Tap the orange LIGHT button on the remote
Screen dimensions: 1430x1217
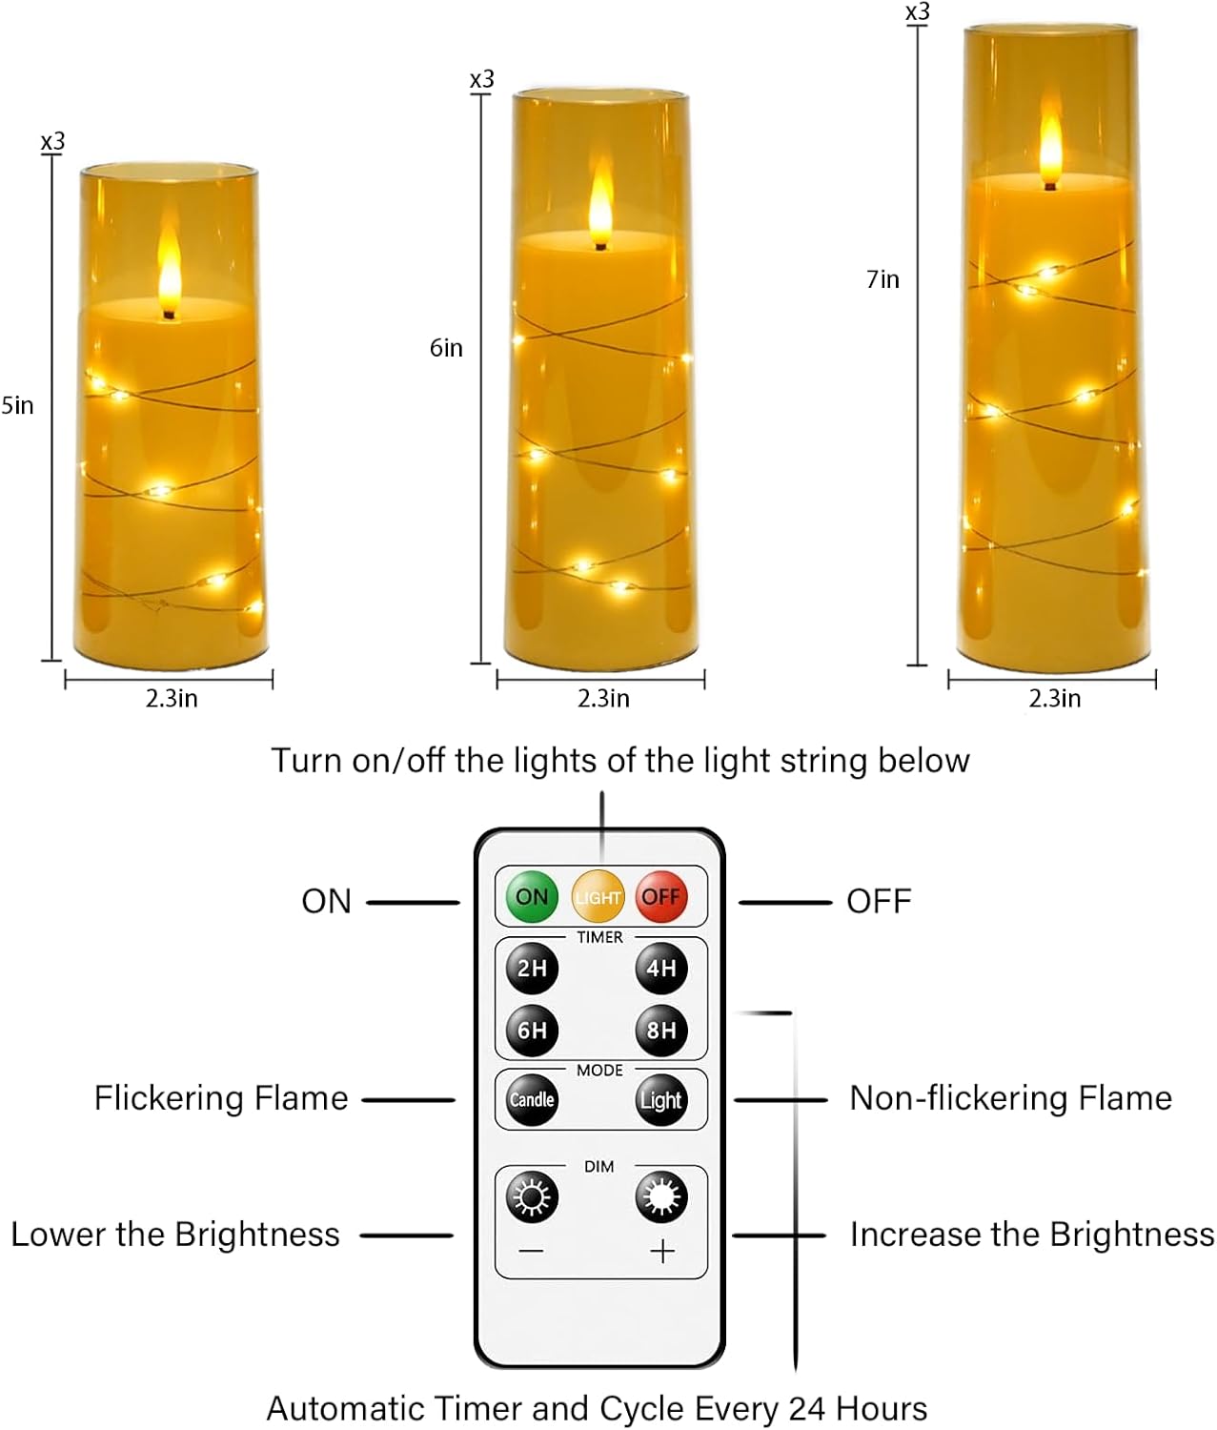click(x=598, y=896)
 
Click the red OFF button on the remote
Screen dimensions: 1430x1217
click(x=661, y=896)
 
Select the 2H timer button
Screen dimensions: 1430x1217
click(x=532, y=968)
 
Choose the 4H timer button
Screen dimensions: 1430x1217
click(x=661, y=968)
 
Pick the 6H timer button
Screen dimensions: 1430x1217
click(x=532, y=1030)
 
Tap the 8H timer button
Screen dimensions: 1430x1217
click(x=661, y=1030)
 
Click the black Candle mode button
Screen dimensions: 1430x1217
click(x=532, y=1099)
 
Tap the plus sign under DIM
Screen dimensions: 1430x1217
click(x=662, y=1251)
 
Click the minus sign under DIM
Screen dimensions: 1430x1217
click(x=532, y=1251)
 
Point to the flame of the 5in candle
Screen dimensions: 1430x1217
click(x=170, y=276)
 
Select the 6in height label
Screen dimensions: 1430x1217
click(x=446, y=348)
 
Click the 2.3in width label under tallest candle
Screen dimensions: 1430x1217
click(x=1054, y=699)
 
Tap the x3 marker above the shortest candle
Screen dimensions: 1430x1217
click(x=53, y=142)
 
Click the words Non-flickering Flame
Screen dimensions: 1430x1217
click(x=1010, y=1098)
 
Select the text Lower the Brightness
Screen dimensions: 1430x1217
click(x=175, y=1235)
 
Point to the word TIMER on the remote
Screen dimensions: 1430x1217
click(x=599, y=937)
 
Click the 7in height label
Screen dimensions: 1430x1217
click(x=882, y=279)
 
